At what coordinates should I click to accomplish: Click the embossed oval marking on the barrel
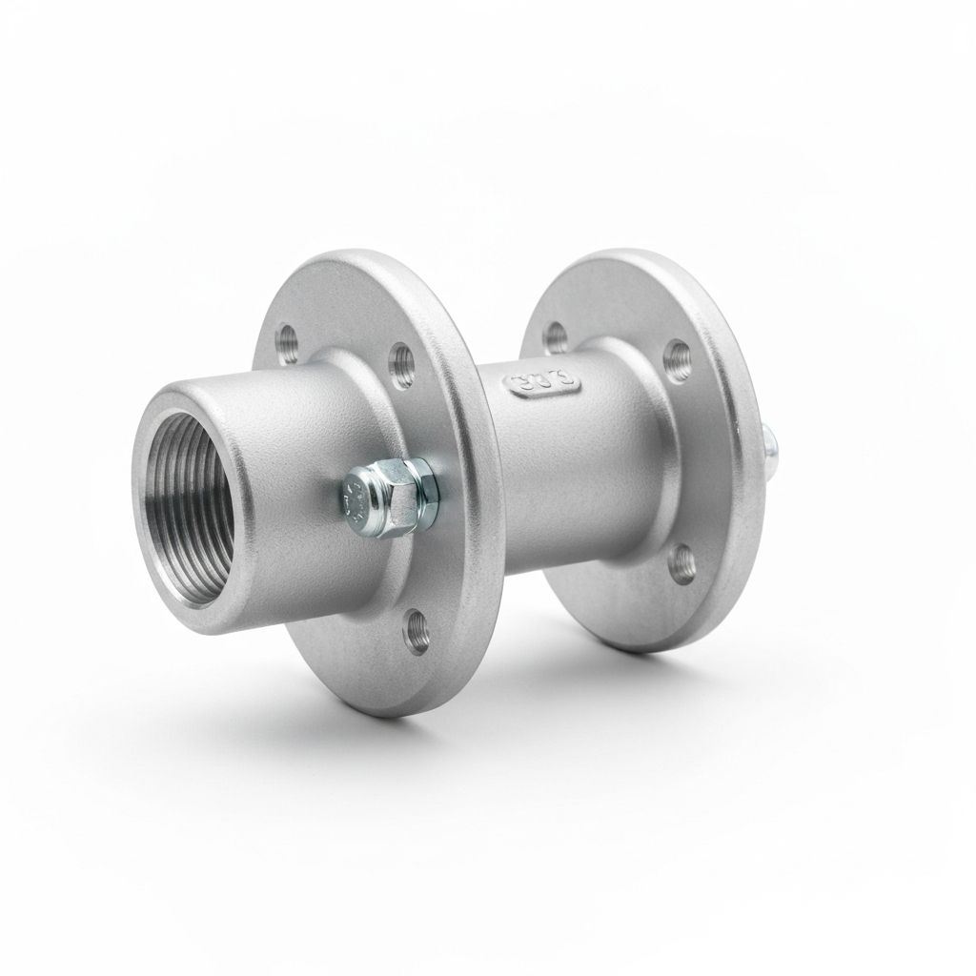point(544,382)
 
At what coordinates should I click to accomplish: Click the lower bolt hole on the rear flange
point(682,561)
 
